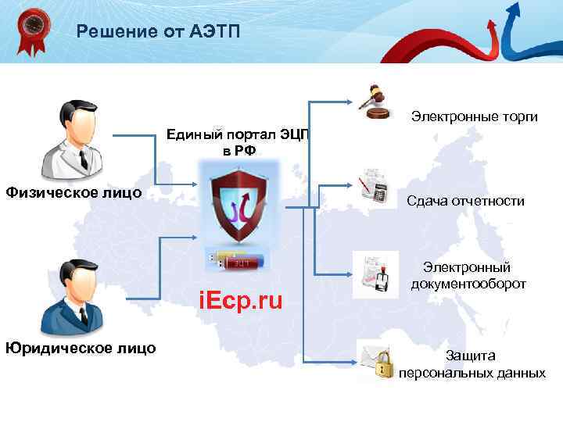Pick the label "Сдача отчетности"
pos(465,201)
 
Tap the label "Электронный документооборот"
pos(468,276)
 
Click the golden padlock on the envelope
pos(383,366)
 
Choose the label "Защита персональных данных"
pos(472,364)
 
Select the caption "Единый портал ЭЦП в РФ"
pos(238,142)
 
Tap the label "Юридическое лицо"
pos(80,348)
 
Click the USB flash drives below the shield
pos(238,260)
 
